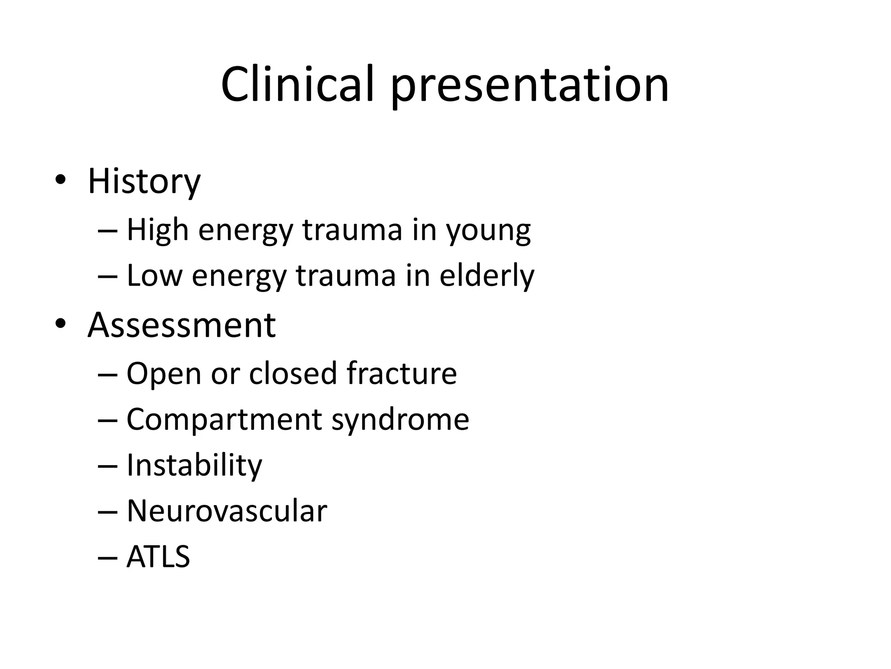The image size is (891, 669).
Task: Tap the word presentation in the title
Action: [x=529, y=87]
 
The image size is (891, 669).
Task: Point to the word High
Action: [x=157, y=230]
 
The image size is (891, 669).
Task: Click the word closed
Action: [x=292, y=373]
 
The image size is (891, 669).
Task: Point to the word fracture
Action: [x=402, y=373]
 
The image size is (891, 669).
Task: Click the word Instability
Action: [x=194, y=466]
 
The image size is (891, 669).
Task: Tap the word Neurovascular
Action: [x=227, y=511]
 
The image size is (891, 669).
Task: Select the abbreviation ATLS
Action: [x=158, y=557]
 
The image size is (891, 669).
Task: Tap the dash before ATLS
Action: [x=108, y=558]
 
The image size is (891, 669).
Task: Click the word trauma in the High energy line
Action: [x=352, y=230]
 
